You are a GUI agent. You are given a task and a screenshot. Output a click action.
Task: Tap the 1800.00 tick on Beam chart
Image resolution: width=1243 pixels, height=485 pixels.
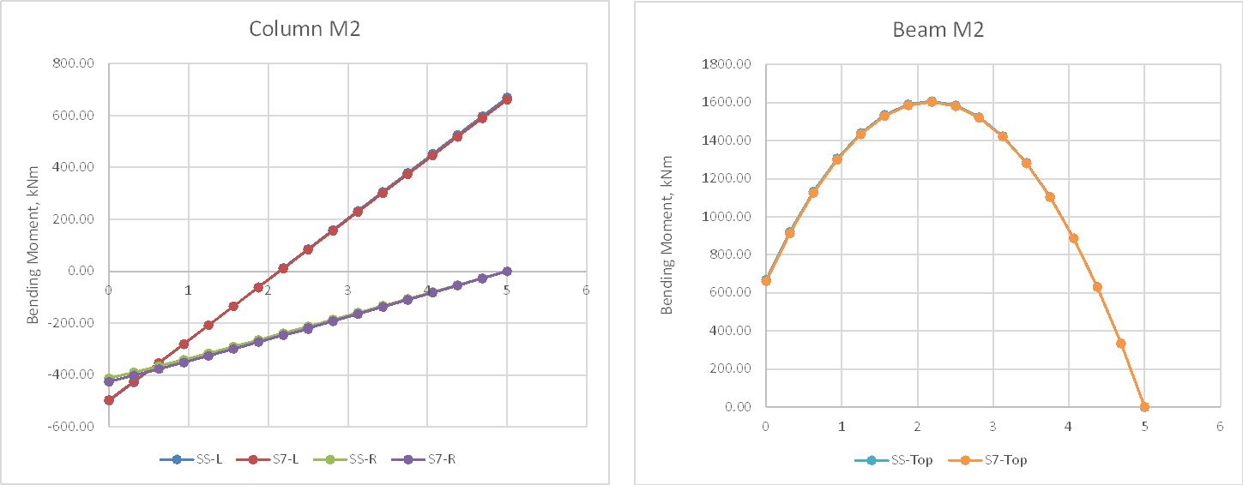pos(727,64)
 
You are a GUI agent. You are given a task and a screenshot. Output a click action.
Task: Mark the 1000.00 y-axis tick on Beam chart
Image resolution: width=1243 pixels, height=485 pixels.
pos(727,217)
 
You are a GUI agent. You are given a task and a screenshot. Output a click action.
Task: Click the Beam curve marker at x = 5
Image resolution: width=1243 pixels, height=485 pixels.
pos(1144,407)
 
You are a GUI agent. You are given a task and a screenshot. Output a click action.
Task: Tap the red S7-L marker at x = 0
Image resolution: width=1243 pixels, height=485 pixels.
pos(109,400)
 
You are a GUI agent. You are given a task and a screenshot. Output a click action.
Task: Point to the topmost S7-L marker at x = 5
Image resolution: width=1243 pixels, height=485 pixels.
pos(507,99)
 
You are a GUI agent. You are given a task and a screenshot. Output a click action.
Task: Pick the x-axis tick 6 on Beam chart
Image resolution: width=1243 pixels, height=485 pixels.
pos(1220,424)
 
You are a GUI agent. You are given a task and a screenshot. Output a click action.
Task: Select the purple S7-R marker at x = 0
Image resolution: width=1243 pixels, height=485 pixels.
pos(109,381)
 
